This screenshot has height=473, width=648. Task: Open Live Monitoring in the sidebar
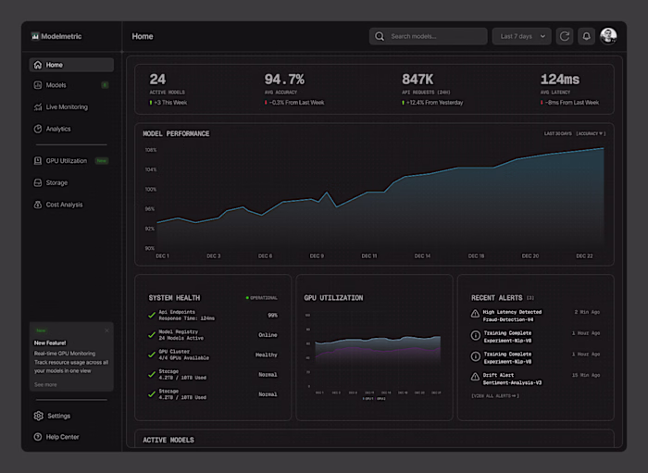[67, 107]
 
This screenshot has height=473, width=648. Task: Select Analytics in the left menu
[58, 129]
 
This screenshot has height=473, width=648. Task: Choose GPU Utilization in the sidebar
[66, 161]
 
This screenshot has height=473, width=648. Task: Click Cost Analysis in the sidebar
[64, 205]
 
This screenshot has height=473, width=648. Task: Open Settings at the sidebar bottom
[58, 416]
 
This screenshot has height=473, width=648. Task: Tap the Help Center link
[62, 437]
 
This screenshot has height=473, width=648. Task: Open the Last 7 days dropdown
[521, 36]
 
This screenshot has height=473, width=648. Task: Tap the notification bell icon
[586, 36]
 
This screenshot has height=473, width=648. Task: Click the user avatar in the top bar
[608, 36]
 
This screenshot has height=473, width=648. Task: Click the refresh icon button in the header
[565, 36]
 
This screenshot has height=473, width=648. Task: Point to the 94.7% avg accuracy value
[284, 80]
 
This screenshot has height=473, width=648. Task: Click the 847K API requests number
[417, 80]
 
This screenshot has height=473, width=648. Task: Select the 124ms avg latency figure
[559, 80]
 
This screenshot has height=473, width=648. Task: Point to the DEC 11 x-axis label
[368, 255]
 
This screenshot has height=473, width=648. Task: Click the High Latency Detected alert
[512, 316]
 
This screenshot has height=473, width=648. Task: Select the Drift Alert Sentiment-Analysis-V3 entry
[512, 378]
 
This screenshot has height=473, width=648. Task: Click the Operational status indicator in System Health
[262, 298]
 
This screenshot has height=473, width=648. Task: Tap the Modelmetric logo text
[61, 36]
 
